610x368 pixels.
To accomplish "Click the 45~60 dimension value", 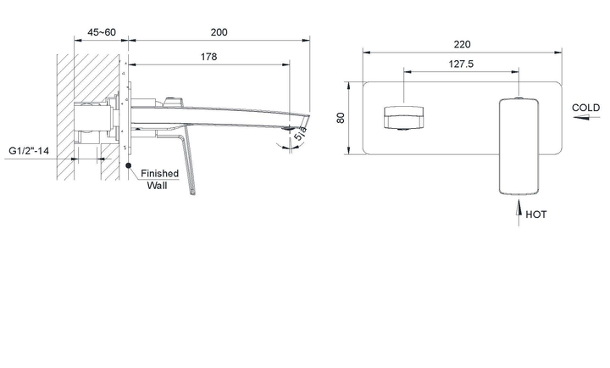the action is pos(102,32).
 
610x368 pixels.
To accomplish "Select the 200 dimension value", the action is pos(219,32).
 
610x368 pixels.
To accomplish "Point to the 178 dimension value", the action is pos(209,57).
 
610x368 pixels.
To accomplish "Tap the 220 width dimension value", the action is pos(462,44).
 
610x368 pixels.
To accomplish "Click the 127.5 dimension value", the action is pos(461,64).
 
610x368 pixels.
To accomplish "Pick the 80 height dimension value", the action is pos(341,118).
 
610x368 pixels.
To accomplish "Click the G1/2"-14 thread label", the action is pos(29,151).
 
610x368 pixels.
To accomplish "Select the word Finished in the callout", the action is pos(160,173).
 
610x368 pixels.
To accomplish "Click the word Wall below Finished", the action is pos(158,186).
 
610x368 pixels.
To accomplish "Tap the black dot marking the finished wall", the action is pos(129,165).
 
